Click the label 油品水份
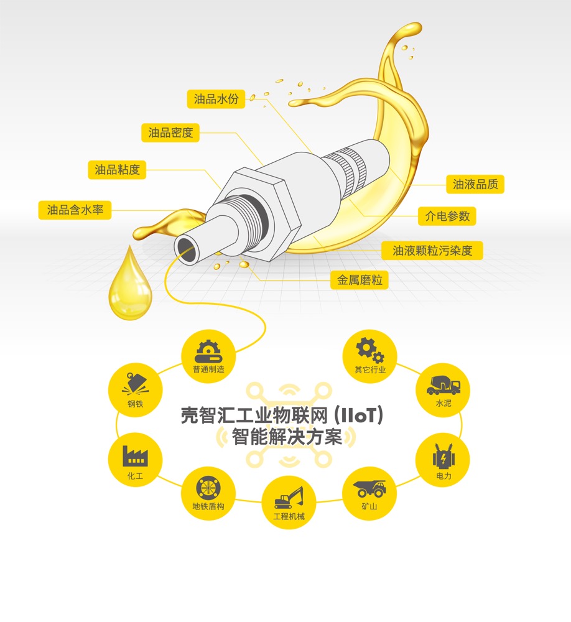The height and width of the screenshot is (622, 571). click(216, 99)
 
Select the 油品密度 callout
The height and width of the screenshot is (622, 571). click(170, 132)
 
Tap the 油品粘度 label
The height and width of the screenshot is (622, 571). click(117, 170)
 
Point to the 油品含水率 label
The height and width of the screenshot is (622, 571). click(75, 210)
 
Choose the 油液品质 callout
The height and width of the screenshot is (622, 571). click(475, 184)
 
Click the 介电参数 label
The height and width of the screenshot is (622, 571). click(447, 216)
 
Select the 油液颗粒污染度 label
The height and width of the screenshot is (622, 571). click(432, 250)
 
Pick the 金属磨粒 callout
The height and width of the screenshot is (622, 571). click(359, 280)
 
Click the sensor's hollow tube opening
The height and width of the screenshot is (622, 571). click(187, 249)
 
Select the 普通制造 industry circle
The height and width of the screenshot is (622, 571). click(208, 356)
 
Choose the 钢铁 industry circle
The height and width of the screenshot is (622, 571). click(136, 390)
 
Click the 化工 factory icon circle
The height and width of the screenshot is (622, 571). click(136, 460)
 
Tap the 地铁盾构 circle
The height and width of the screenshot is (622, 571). click(208, 493)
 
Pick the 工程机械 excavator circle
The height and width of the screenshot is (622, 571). click(289, 502)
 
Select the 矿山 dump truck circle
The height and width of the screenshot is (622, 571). click(369, 493)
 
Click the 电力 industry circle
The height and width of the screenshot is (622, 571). click(443, 460)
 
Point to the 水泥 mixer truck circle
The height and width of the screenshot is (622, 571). click(443, 390)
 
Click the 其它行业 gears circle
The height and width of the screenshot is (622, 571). click(370, 356)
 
